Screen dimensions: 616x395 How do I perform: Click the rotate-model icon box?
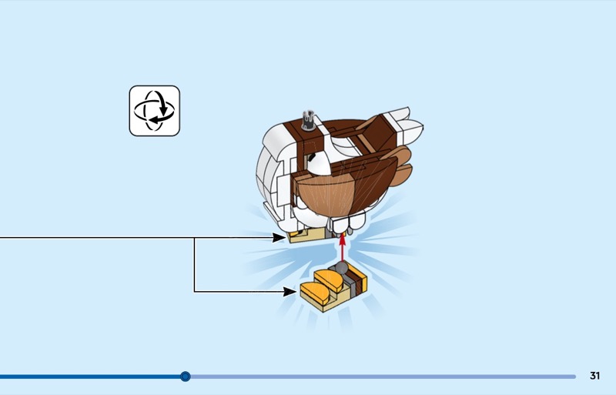pyautogui.click(x=155, y=111)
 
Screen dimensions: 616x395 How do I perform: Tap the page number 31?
pyautogui.click(x=594, y=376)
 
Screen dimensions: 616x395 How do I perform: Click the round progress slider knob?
pyautogui.click(x=186, y=377)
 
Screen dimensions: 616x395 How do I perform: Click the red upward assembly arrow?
pyautogui.click(x=342, y=247)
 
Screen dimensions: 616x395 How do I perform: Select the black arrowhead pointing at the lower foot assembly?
pyautogui.click(x=290, y=292)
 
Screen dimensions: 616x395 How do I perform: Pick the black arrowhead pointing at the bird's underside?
pyautogui.click(x=279, y=237)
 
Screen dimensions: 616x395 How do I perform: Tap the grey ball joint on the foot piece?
pyautogui.click(x=341, y=268)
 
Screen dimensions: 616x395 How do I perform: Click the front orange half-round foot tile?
pyautogui.click(x=315, y=293)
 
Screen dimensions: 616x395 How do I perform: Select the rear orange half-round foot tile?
pyautogui.click(x=330, y=278)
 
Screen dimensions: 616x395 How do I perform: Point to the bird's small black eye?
pyautogui.click(x=312, y=158)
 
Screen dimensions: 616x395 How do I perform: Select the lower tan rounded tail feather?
pyautogui.click(x=401, y=176)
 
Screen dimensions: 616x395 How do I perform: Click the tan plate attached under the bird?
pyautogui.click(x=307, y=235)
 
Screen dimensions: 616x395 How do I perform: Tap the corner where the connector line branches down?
pyautogui.click(x=194, y=237)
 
